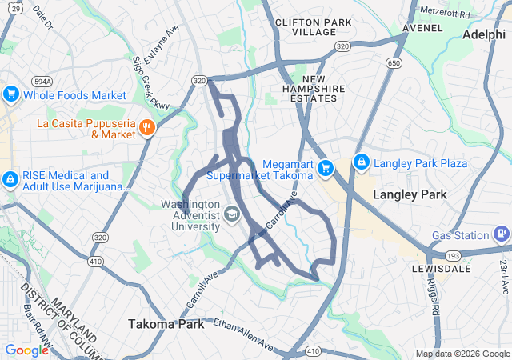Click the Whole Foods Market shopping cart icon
(x=11, y=95)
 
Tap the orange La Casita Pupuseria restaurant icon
(x=146, y=128)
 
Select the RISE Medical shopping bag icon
(x=11, y=181)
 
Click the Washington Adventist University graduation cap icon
(x=231, y=213)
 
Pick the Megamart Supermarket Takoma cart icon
(x=325, y=168)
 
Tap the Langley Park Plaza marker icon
(x=361, y=163)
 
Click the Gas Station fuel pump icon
(x=501, y=235)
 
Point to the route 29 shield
(x=5, y=7)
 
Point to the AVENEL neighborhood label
(x=422, y=27)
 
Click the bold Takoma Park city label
(x=162, y=324)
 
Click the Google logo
(x=26, y=350)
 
